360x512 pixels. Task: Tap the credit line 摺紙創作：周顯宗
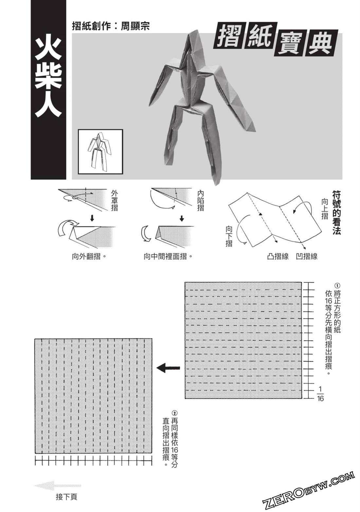tap(111, 26)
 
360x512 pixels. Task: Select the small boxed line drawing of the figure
tap(100, 152)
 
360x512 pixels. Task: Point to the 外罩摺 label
tap(114, 201)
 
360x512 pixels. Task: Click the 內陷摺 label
tap(201, 201)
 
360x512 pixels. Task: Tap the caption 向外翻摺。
tap(89, 256)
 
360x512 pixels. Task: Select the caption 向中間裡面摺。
tap(168, 256)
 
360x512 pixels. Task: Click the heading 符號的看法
tap(337, 212)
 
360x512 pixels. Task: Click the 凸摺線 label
tap(278, 256)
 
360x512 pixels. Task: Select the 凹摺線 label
tap(307, 256)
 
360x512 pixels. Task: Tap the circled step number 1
tap(337, 285)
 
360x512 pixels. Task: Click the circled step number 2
tap(175, 413)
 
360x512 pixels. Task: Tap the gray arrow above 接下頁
tap(57, 485)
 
